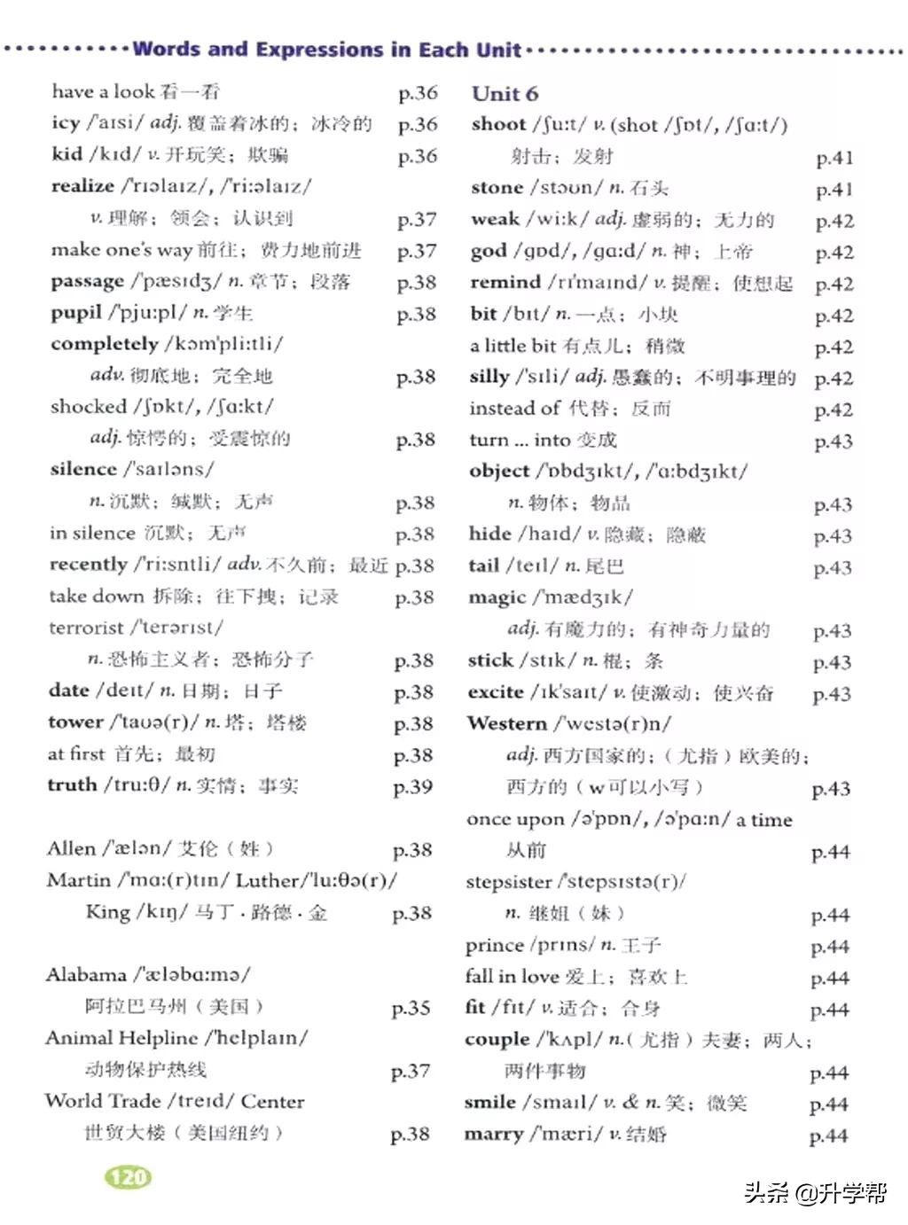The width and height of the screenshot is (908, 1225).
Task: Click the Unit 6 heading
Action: [x=505, y=94]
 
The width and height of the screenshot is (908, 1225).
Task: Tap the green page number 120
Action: [x=129, y=1177]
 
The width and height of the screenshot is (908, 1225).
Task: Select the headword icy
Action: [x=66, y=123]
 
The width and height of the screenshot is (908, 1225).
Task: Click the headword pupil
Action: [x=76, y=313]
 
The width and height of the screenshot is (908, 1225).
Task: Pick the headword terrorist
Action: [x=86, y=628]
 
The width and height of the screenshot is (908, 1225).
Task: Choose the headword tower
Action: [x=75, y=722]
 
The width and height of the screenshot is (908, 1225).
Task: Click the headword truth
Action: [x=72, y=785]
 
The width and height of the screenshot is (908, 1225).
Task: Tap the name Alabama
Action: [x=86, y=975]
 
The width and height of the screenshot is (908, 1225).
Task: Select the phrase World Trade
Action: [x=103, y=1102]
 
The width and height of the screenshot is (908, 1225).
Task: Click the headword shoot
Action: [x=498, y=125]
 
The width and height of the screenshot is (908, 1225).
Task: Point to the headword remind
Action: [x=505, y=283]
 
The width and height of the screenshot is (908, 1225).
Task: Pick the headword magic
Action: [x=497, y=598]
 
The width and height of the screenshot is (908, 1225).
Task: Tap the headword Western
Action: [x=507, y=724]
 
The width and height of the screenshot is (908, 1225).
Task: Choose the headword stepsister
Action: [x=508, y=882]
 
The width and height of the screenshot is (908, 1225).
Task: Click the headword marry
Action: [x=493, y=1135]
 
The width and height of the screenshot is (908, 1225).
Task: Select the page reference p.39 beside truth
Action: [x=412, y=787]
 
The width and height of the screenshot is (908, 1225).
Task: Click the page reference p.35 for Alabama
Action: [x=411, y=1008]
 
